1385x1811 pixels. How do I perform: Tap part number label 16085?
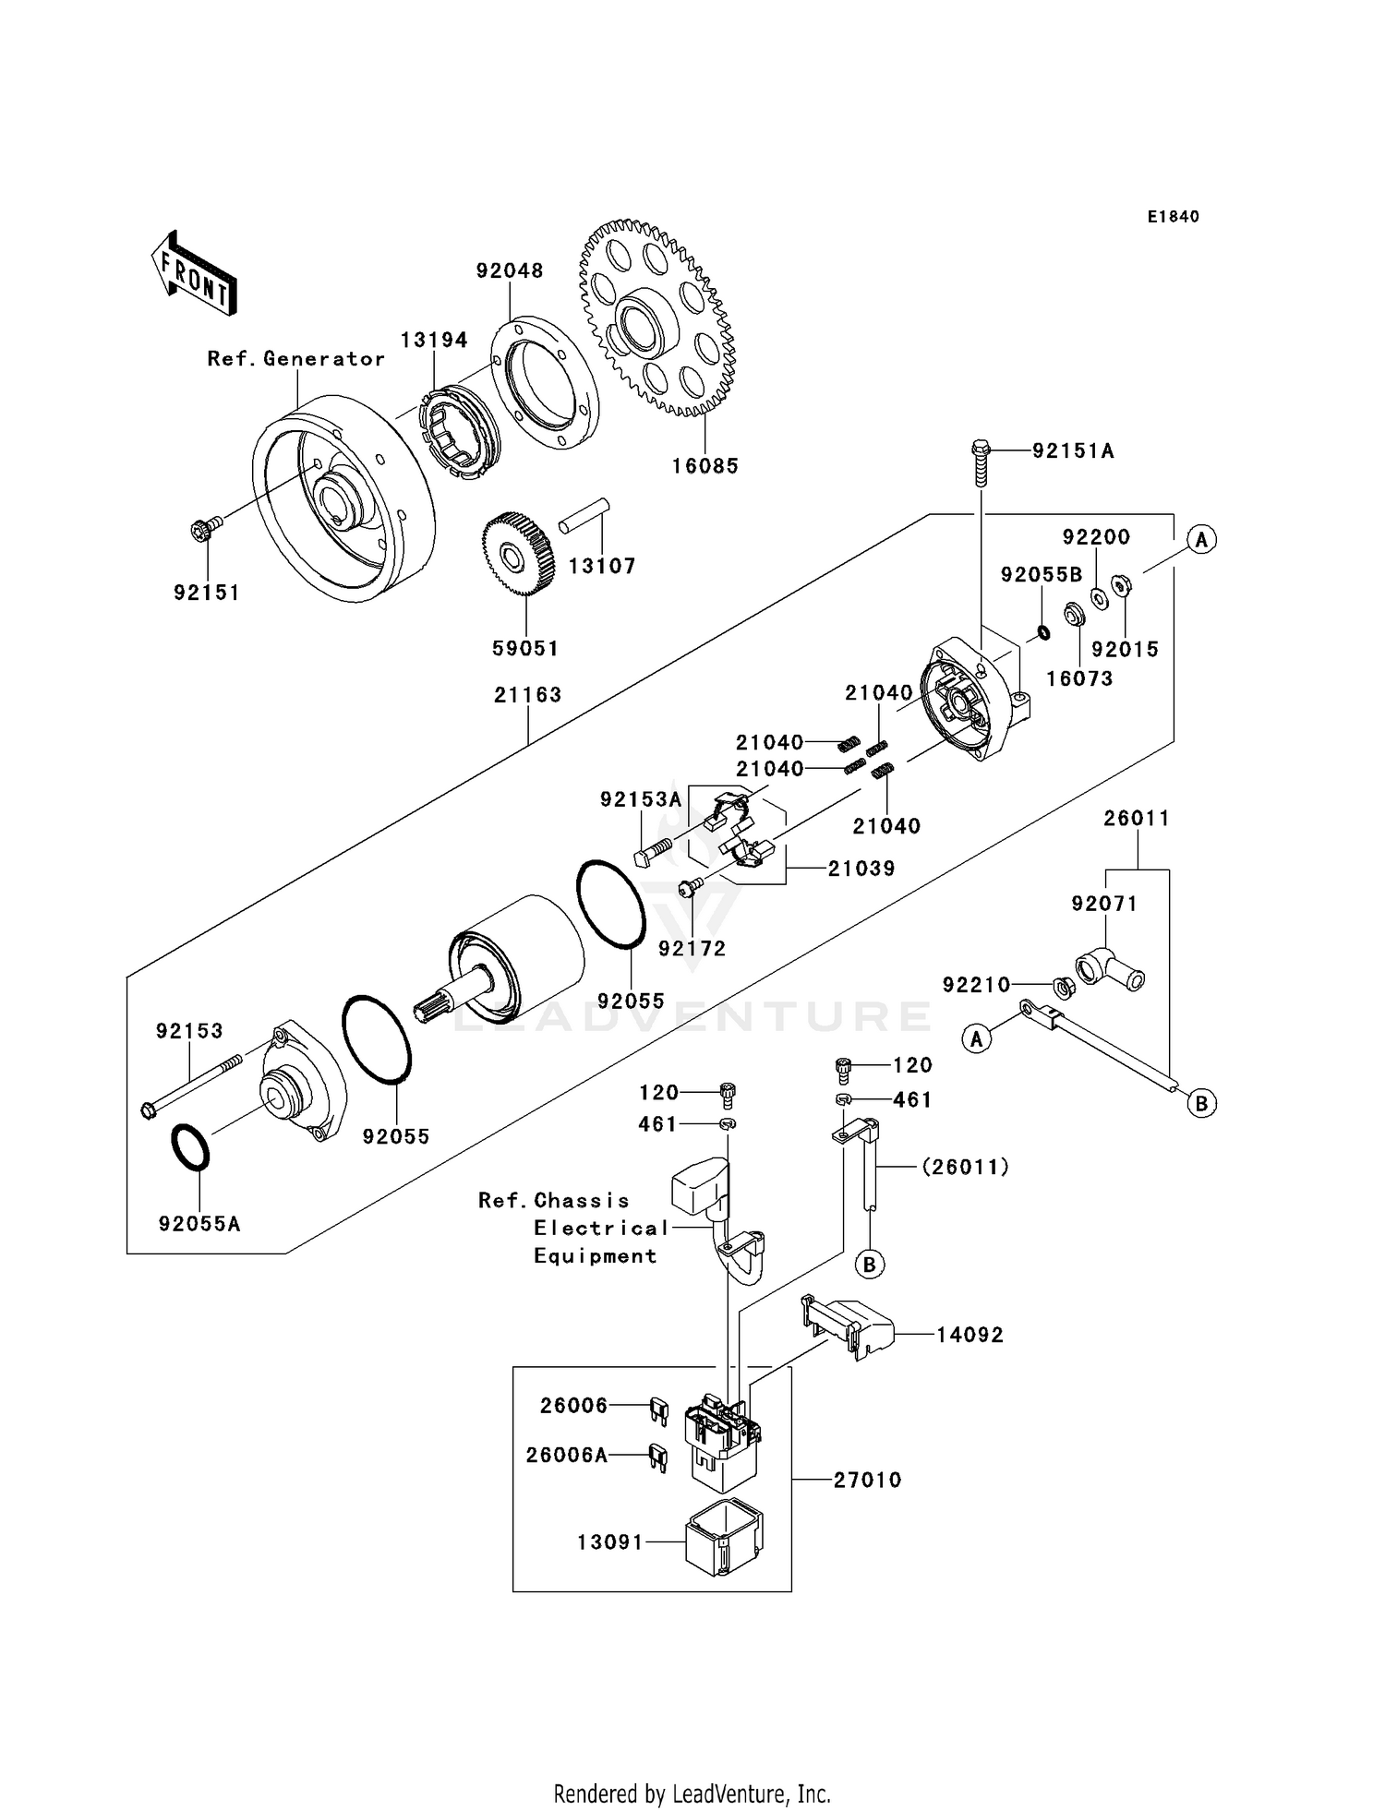pyautogui.click(x=705, y=466)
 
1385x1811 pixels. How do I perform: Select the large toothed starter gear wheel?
pyautogui.click(x=657, y=318)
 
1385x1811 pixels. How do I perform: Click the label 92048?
pyautogui.click(x=510, y=270)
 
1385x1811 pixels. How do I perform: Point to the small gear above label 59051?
pyautogui.click(x=517, y=554)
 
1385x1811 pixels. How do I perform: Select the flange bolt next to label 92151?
pyautogui.click(x=205, y=530)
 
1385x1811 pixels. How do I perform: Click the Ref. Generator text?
pyautogui.click(x=295, y=359)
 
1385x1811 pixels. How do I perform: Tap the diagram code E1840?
pyautogui.click(x=1173, y=217)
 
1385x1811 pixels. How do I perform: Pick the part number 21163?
pyautogui.click(x=527, y=695)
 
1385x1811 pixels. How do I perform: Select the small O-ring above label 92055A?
pyautogui.click(x=191, y=1147)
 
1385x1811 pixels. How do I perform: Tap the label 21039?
pyautogui.click(x=861, y=869)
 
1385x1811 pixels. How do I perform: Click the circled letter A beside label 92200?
pyautogui.click(x=1200, y=539)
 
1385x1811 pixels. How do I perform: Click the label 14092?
pyautogui.click(x=969, y=1335)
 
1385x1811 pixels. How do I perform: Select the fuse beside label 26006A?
pyautogui.click(x=657, y=1456)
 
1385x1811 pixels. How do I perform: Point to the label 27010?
pyautogui.click(x=867, y=1480)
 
